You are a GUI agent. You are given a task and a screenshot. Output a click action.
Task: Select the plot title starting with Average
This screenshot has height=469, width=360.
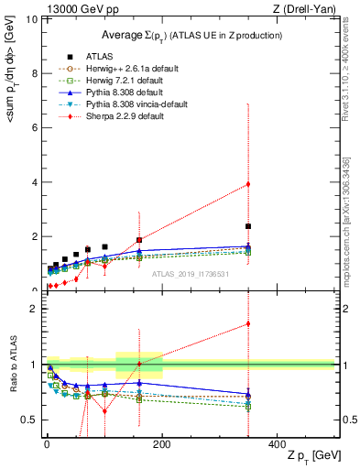pos(191,35)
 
